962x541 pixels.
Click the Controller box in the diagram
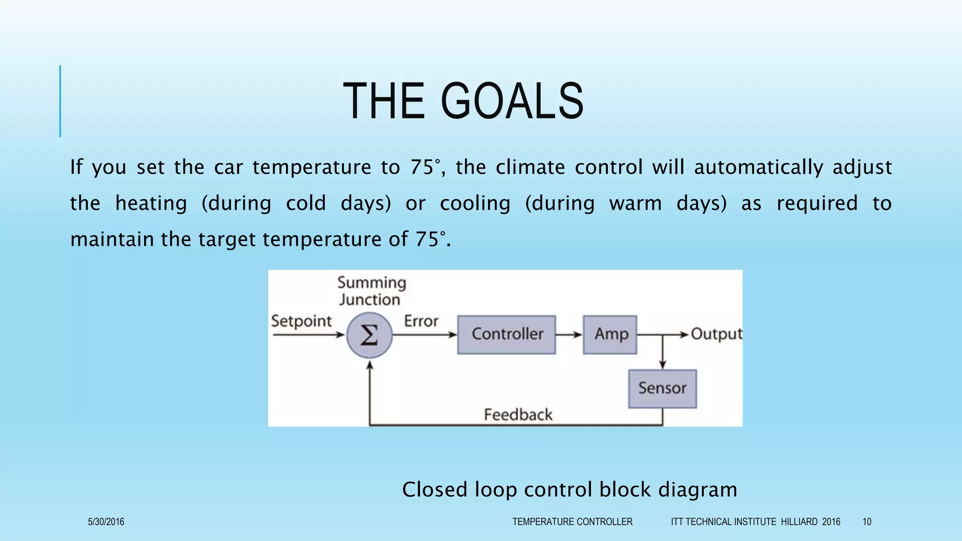point(506,334)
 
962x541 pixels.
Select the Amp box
point(610,334)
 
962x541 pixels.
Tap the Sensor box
point(662,388)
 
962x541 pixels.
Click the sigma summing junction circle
point(369,335)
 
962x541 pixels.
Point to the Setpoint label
point(301,321)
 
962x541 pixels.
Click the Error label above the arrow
point(421,321)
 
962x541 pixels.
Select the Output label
point(716,334)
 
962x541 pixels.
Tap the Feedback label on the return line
point(518,415)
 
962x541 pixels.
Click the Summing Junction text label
point(371,291)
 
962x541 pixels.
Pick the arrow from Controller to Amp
point(569,335)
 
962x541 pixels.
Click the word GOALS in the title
point(512,101)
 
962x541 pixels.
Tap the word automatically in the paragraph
point(758,167)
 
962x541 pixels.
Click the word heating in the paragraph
point(151,203)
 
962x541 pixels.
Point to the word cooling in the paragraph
point(475,203)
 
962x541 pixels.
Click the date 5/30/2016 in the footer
point(106,522)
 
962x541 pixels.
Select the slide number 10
point(867,522)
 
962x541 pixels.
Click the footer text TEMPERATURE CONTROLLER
point(572,522)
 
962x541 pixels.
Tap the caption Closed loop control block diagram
point(569,489)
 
